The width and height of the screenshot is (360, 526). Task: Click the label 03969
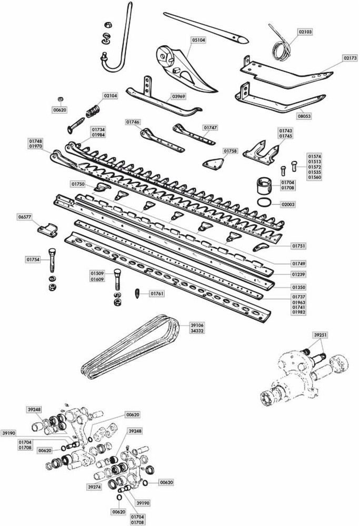[179, 97]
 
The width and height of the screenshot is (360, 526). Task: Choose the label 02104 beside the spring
[111, 96]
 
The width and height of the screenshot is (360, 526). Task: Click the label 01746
[133, 122]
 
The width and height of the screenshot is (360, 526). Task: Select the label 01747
[212, 127]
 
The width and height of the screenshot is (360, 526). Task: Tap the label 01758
[231, 151]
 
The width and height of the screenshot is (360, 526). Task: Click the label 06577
[25, 216]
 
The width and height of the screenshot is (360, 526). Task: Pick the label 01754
[33, 259]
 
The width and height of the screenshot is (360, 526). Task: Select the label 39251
[321, 334]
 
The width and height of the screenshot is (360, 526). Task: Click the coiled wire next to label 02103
[278, 41]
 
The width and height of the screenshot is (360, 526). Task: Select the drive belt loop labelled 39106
[132, 347]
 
